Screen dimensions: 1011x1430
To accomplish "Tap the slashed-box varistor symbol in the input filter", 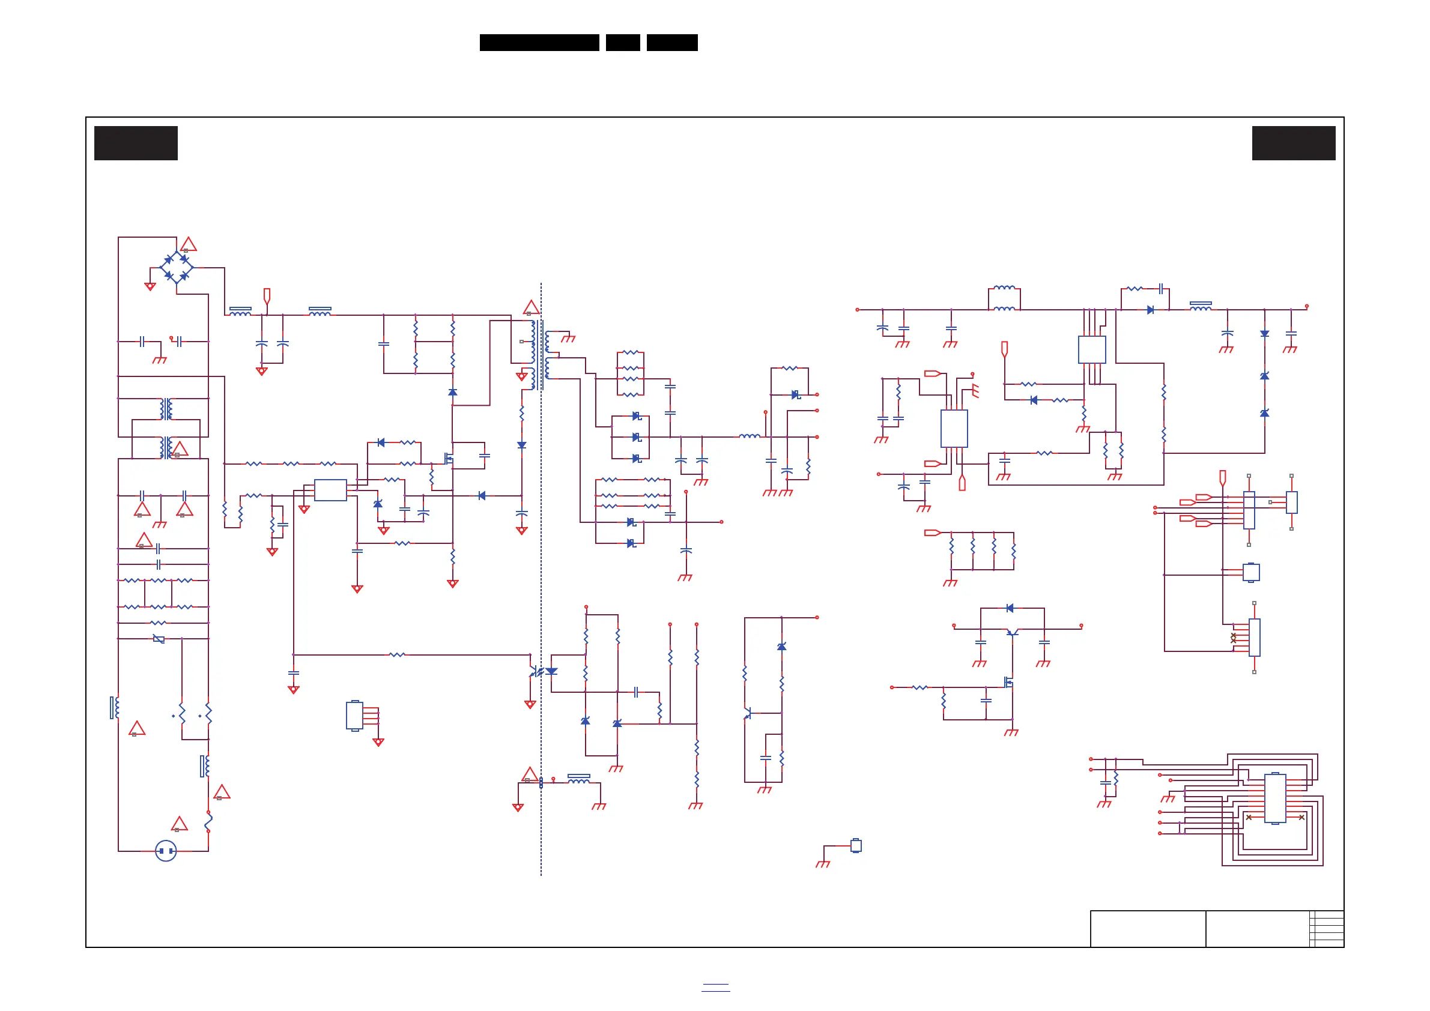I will [159, 639].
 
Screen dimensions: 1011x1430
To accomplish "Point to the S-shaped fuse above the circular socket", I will [208, 821].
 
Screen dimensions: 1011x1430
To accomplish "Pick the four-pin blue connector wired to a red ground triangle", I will [354, 715].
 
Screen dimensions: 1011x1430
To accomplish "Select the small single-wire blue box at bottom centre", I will [856, 845].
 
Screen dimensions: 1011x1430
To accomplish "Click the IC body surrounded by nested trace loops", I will [1275, 798].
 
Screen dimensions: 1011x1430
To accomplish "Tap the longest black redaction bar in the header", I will [539, 43].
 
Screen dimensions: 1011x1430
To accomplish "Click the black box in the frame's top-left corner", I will [136, 143].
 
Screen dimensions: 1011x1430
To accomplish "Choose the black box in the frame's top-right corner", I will [1294, 143].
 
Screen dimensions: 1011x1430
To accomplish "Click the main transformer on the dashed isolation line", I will [539, 355].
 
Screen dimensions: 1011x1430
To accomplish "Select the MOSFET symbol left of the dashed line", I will [449, 459].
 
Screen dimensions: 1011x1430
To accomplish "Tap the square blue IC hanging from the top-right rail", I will [1092, 350].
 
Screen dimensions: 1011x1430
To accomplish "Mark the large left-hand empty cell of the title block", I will [1147, 929].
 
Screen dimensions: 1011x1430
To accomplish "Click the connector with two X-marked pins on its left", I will [1254, 638].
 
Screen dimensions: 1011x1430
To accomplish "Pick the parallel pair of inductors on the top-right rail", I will [1004, 298].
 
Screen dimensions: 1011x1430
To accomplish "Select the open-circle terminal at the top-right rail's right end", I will [1307, 306].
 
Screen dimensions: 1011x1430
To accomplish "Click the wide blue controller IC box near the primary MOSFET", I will [330, 490].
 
